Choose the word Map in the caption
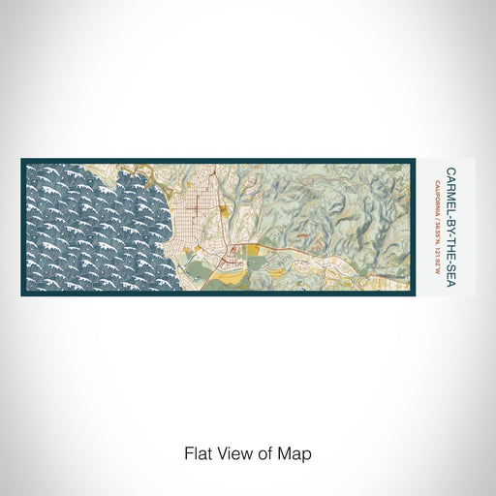coord(298,451)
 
